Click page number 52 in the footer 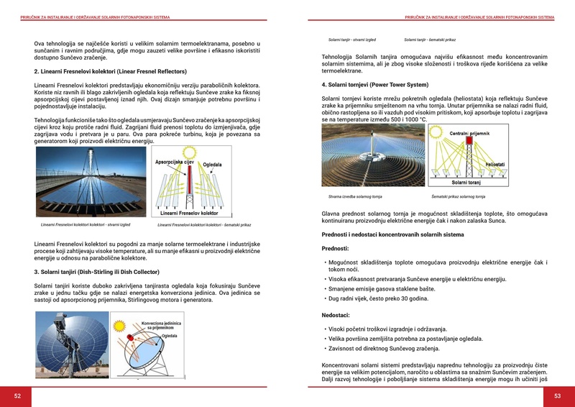coord(18,395)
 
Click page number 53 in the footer coord(557,395)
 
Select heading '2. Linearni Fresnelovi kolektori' coord(110,72)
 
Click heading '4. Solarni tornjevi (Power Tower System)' coord(375,85)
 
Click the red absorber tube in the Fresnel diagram coord(189,186)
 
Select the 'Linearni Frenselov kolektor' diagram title coord(189,214)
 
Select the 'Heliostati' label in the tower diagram coord(494,165)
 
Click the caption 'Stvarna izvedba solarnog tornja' coord(355,196)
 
